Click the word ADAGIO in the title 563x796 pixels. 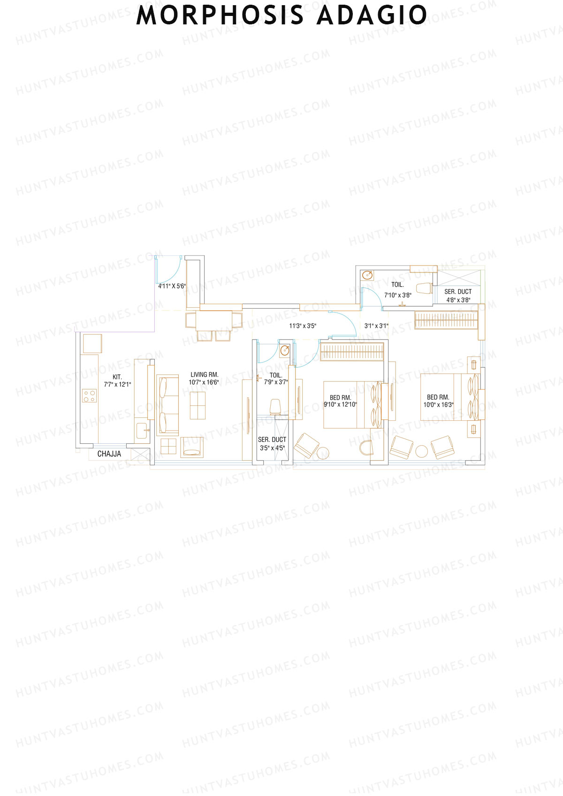372,15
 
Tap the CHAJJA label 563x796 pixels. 109,454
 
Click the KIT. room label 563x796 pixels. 117,377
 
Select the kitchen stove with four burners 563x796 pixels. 90,396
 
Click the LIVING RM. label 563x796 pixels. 204,374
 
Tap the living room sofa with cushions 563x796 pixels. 167,405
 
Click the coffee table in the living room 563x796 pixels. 198,405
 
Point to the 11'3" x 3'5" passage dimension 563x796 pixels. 303,326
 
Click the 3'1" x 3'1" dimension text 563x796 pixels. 376,326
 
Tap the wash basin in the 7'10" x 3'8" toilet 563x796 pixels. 367,275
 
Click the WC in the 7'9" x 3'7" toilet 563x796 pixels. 275,406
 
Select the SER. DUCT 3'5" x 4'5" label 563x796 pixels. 272,443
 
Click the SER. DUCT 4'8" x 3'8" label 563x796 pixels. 458,296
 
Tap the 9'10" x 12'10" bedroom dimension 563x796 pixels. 340,404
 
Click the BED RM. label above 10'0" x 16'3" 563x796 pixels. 438,397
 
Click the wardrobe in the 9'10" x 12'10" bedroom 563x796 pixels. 352,351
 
